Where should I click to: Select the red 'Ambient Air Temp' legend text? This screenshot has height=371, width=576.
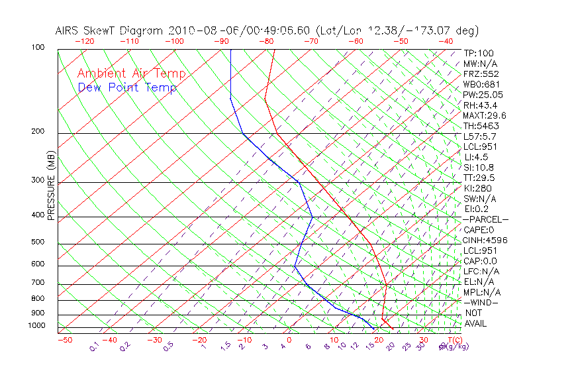pos(131,74)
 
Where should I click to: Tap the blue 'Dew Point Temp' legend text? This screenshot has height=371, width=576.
pos(127,87)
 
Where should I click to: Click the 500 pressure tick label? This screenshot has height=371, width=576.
pos(38,242)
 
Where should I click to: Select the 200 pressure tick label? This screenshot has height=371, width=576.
pos(38,132)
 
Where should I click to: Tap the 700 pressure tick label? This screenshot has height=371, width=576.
pos(38,284)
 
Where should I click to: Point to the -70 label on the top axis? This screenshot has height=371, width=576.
pos(311,40)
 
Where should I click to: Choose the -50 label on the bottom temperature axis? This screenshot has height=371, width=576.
pos(64,340)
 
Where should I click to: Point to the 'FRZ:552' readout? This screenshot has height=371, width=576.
pos(481,74)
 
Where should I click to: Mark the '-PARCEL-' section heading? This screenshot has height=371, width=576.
pos(485,219)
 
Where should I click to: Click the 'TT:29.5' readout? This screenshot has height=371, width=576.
pos(479,178)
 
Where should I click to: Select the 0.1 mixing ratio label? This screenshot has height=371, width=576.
pos(94,347)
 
